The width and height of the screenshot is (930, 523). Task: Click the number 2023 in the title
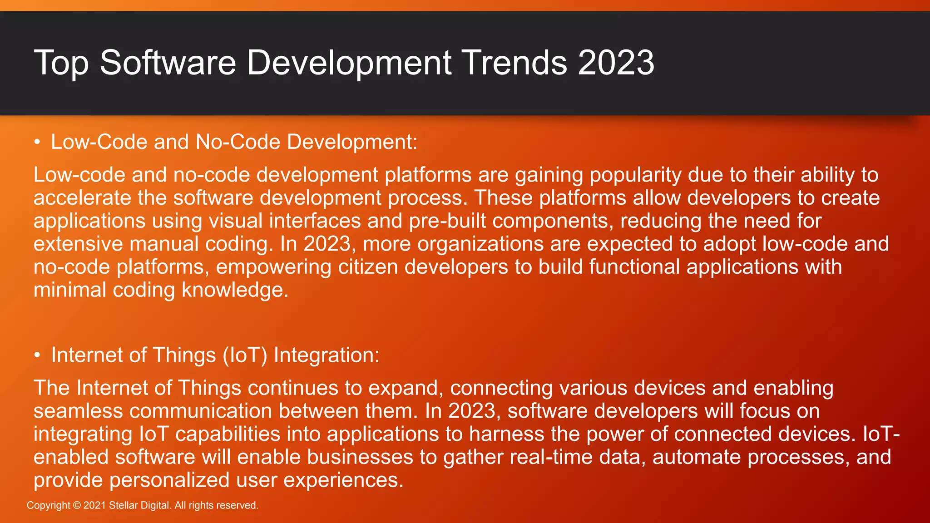pyautogui.click(x=616, y=63)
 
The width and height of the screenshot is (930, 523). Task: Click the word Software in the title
pyautogui.click(x=168, y=63)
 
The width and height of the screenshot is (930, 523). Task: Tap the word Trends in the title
pyautogui.click(x=514, y=63)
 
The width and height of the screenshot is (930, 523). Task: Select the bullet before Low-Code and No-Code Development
pyautogui.click(x=38, y=143)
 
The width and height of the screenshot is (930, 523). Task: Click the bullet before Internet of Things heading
pyautogui.click(x=38, y=355)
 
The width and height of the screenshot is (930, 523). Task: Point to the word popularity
pyautogui.click(x=635, y=175)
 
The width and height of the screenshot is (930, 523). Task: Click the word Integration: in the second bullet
pyautogui.click(x=326, y=355)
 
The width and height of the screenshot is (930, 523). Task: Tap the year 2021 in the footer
pyautogui.click(x=94, y=505)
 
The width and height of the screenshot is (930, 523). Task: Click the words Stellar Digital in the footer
pyautogui.click(x=139, y=505)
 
